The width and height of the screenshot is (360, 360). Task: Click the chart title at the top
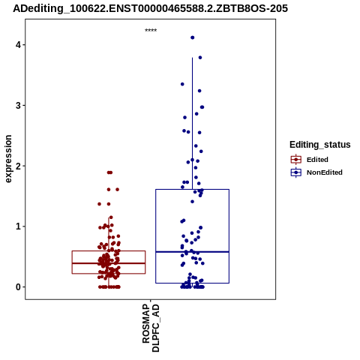click(x=150, y=8)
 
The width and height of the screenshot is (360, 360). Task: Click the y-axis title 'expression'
click(x=8, y=159)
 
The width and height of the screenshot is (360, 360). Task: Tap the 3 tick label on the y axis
click(x=18, y=106)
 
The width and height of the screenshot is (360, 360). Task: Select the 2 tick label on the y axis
click(x=18, y=166)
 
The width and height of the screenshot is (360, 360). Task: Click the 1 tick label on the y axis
click(x=18, y=226)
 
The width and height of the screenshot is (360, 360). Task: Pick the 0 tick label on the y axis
click(x=18, y=287)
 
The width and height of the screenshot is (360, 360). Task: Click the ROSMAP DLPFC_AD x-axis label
click(x=151, y=328)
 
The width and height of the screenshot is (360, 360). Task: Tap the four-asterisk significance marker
click(x=151, y=30)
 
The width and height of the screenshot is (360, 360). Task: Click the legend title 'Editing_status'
click(x=320, y=145)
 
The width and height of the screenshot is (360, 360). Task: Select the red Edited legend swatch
click(x=296, y=160)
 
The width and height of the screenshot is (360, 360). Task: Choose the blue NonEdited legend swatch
click(x=296, y=172)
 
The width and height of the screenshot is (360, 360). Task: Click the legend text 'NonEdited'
click(x=325, y=172)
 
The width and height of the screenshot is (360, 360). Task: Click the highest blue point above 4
click(x=193, y=37)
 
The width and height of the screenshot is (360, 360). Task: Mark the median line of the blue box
click(x=192, y=252)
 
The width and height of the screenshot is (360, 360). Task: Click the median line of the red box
click(x=109, y=263)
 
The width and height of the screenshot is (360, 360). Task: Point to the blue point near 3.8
click(x=200, y=58)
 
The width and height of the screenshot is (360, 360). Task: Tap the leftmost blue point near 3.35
click(x=182, y=84)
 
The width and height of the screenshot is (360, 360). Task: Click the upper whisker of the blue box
click(x=192, y=124)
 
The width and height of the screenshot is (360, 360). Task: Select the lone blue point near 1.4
click(x=192, y=202)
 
